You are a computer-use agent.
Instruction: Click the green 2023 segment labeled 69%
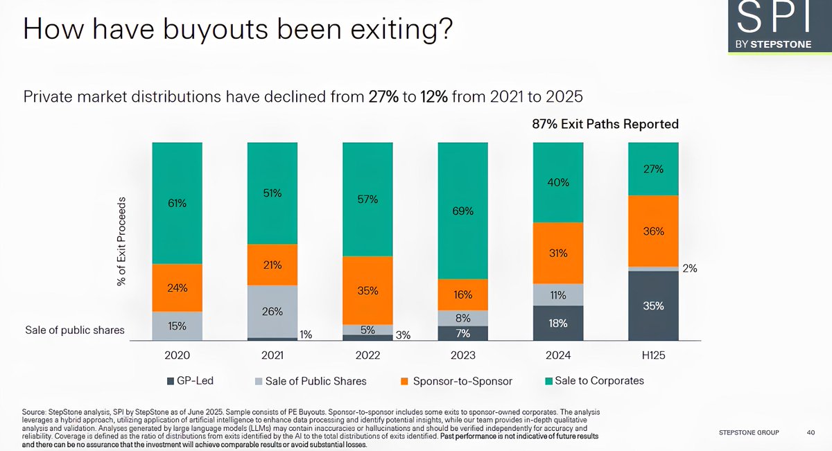[x=462, y=211]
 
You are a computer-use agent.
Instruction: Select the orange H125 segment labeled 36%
[x=653, y=231]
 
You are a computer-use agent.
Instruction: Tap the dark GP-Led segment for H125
[x=653, y=306]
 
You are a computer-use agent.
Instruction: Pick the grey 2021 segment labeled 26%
[x=272, y=311]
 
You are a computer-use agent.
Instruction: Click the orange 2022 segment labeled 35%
[x=367, y=290]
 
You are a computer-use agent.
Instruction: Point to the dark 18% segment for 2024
[x=558, y=323]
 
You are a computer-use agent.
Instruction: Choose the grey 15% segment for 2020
[x=177, y=326]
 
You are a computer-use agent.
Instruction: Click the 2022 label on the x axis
[x=367, y=355]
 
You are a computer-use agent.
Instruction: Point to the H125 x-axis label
[x=653, y=355]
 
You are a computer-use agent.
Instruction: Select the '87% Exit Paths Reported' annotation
[x=600, y=124]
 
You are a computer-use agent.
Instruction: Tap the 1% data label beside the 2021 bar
[x=306, y=335]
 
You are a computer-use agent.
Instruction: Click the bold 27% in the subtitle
[x=383, y=96]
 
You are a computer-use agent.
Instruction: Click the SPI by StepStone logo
[x=774, y=28]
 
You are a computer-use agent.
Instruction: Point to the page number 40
[x=811, y=433]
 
